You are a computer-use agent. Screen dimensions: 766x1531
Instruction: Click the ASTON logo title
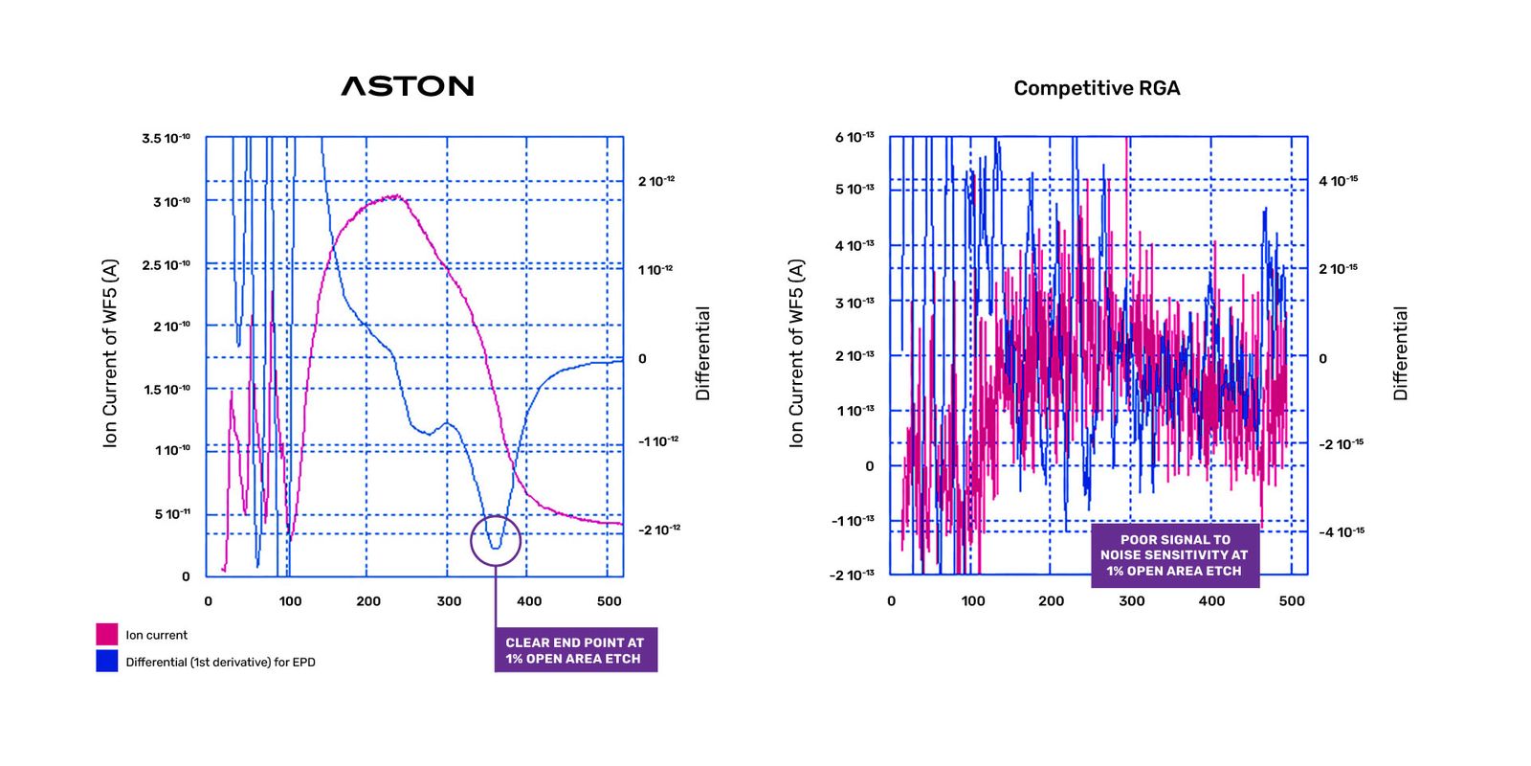point(408,86)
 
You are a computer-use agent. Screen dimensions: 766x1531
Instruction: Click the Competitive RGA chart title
point(1097,88)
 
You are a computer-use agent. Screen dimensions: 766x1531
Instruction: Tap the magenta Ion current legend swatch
point(107,634)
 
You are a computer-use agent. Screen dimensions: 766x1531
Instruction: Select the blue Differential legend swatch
point(107,661)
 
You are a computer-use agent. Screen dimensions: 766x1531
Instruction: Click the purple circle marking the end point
point(496,540)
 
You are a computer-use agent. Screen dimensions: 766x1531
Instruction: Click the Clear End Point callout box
point(575,650)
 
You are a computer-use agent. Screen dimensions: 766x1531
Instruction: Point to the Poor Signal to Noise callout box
point(1174,555)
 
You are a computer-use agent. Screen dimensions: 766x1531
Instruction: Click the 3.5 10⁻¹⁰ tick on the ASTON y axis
point(166,139)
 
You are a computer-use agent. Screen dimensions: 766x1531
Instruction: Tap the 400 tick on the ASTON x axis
point(529,601)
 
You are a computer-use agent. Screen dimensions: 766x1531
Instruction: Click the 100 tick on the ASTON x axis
point(290,601)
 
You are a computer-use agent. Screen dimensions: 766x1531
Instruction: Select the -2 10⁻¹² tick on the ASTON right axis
point(659,529)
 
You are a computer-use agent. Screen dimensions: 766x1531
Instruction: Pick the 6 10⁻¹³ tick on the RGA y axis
point(854,138)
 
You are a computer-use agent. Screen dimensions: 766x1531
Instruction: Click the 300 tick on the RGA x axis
point(1132,601)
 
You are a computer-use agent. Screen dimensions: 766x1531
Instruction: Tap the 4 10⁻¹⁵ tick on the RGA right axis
point(1338,181)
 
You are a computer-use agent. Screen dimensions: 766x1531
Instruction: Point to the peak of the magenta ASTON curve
point(395,196)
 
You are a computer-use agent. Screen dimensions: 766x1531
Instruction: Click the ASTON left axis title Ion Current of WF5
point(111,352)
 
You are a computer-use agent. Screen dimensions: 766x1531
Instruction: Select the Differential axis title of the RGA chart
point(1401,352)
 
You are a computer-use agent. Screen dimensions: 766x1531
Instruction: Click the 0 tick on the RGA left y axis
point(869,466)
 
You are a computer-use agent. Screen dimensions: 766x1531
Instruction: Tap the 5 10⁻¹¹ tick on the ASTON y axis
point(172,514)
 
